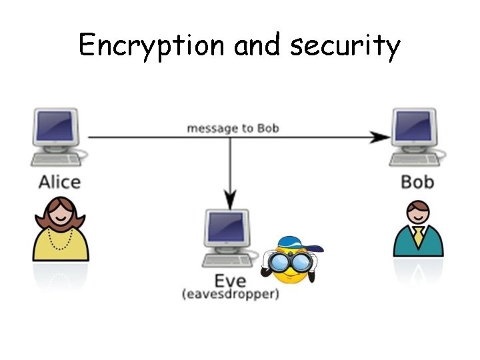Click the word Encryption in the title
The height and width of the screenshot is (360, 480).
click(151, 45)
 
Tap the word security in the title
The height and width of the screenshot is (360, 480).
click(345, 45)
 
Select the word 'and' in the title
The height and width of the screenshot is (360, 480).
click(259, 45)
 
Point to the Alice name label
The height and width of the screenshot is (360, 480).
click(59, 182)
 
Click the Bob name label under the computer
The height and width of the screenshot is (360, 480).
click(417, 181)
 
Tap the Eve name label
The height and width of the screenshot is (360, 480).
click(230, 280)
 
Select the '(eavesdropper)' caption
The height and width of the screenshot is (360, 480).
click(230, 293)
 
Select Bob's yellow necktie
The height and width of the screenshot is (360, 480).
click(418, 235)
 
